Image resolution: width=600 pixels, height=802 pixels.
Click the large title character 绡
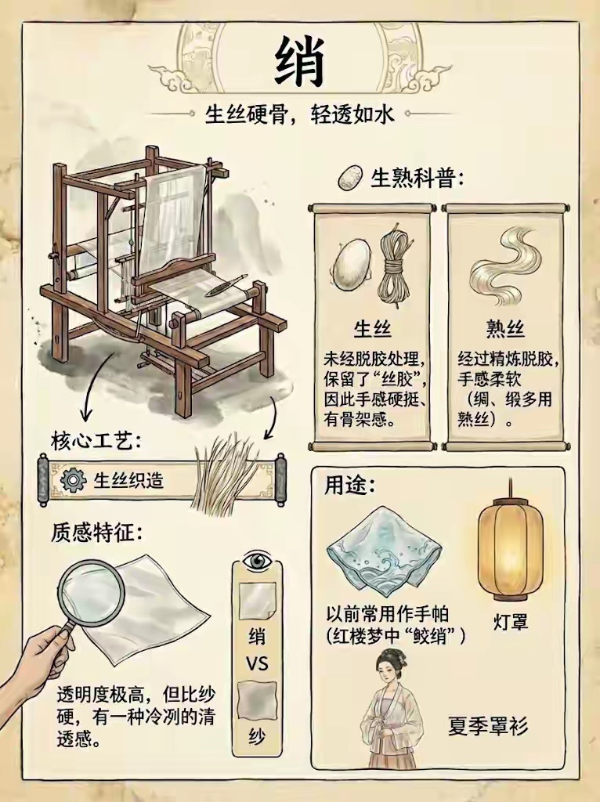click(300, 63)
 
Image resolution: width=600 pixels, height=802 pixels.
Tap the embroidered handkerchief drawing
click(384, 551)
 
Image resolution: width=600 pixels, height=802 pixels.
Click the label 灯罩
click(510, 622)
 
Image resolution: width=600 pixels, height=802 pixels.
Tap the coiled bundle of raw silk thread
click(394, 266)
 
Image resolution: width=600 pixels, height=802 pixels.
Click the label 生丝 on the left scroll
click(372, 329)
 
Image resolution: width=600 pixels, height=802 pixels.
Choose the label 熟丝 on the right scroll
click(505, 329)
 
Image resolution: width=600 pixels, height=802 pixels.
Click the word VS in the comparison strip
click(257, 664)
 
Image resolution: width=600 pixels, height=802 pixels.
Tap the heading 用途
click(349, 485)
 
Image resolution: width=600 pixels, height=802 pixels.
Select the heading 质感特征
click(96, 533)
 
